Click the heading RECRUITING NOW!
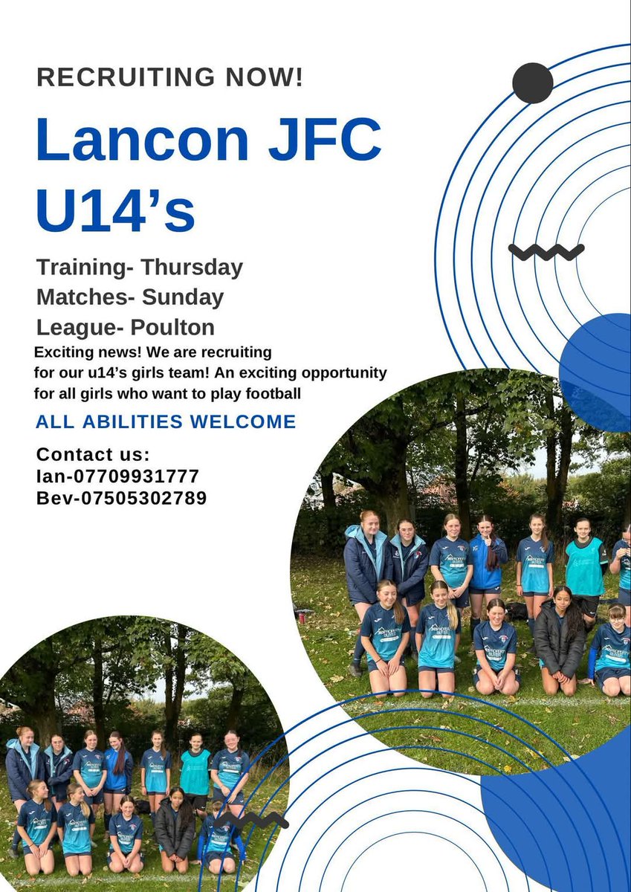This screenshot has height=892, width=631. [169, 78]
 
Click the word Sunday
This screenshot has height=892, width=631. [183, 297]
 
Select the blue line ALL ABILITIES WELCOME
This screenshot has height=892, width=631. [166, 422]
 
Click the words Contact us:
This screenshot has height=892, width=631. [93, 454]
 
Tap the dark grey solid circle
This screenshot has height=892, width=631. [533, 83]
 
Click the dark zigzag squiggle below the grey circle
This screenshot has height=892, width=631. [546, 252]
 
